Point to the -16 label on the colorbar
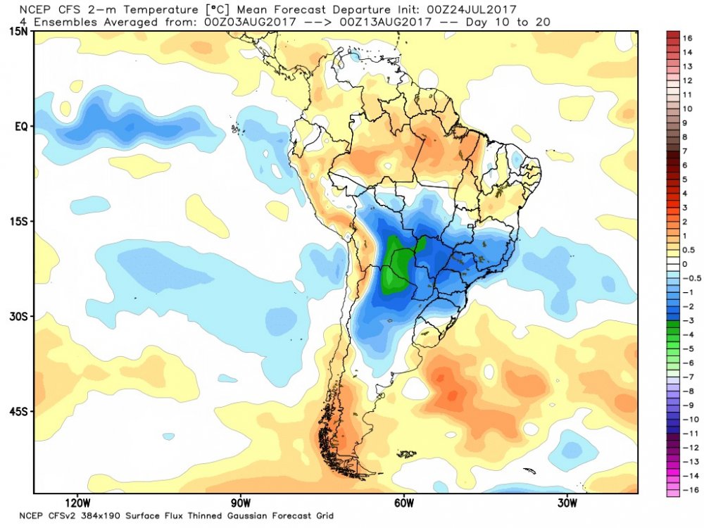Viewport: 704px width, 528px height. (687, 489)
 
